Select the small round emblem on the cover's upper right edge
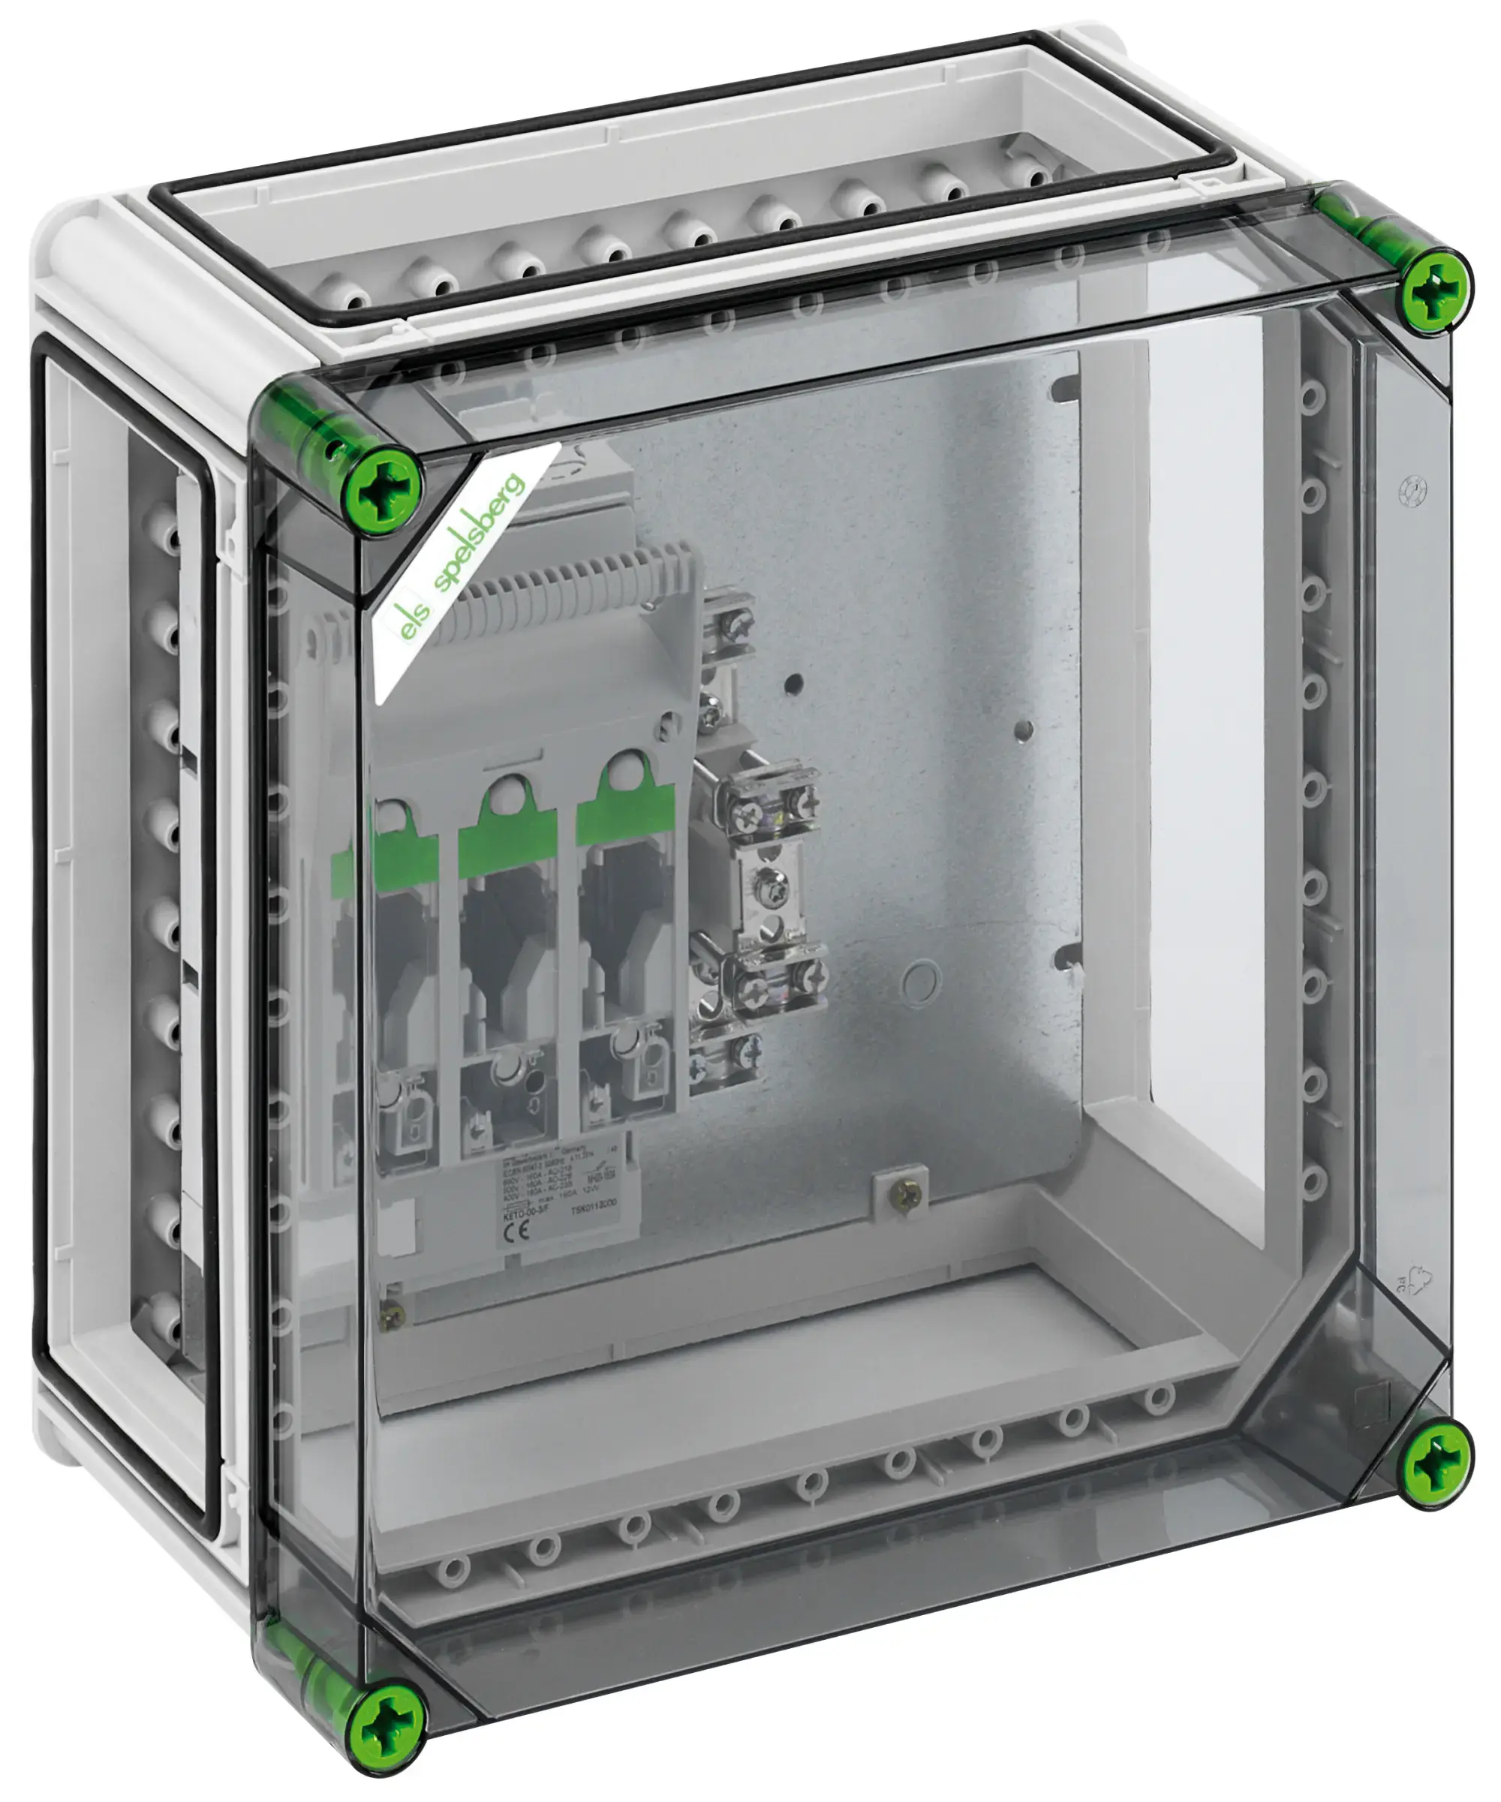point(1412,490)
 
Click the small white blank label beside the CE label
point(402,1222)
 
